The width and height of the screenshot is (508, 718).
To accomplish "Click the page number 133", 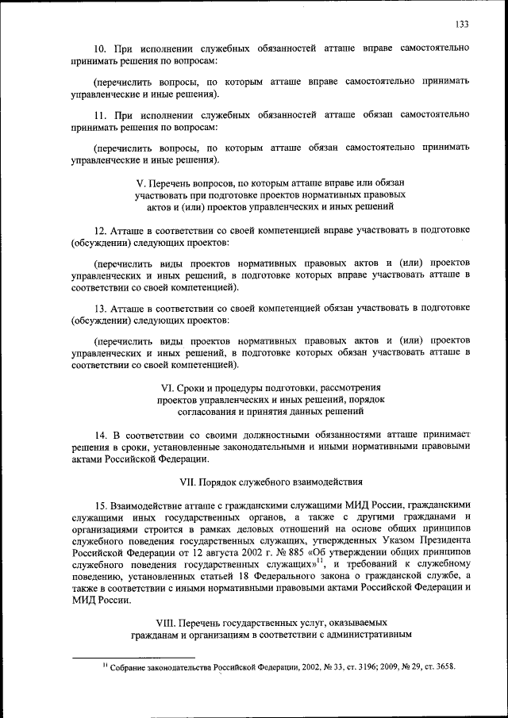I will coord(463,25).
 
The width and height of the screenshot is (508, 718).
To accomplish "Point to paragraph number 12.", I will coord(98,230).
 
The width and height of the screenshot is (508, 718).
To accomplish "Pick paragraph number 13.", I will coord(98,307).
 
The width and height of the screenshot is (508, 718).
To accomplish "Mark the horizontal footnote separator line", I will coord(133,657).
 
